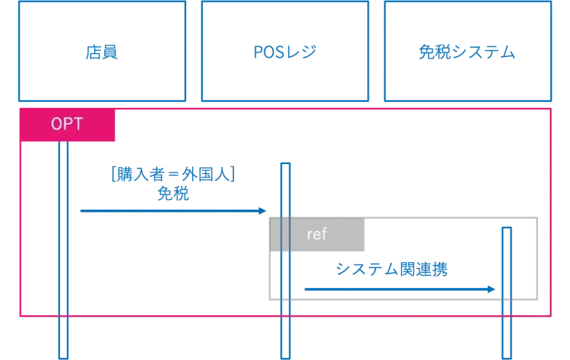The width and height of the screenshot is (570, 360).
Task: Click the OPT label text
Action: (x=67, y=124)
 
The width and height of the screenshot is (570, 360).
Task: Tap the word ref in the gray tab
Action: (x=317, y=234)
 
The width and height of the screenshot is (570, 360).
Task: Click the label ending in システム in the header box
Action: (x=466, y=52)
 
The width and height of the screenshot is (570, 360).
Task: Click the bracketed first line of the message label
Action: (x=173, y=175)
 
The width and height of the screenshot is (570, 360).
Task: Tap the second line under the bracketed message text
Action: (x=173, y=194)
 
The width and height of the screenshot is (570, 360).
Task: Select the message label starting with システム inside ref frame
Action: (x=392, y=270)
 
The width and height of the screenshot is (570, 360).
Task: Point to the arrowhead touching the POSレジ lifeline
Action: (x=263, y=210)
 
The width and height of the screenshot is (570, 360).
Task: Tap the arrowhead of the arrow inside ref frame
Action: (x=492, y=289)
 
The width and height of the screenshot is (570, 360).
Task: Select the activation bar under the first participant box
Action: (x=64, y=251)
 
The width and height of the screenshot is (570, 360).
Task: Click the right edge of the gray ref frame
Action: (x=539, y=258)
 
